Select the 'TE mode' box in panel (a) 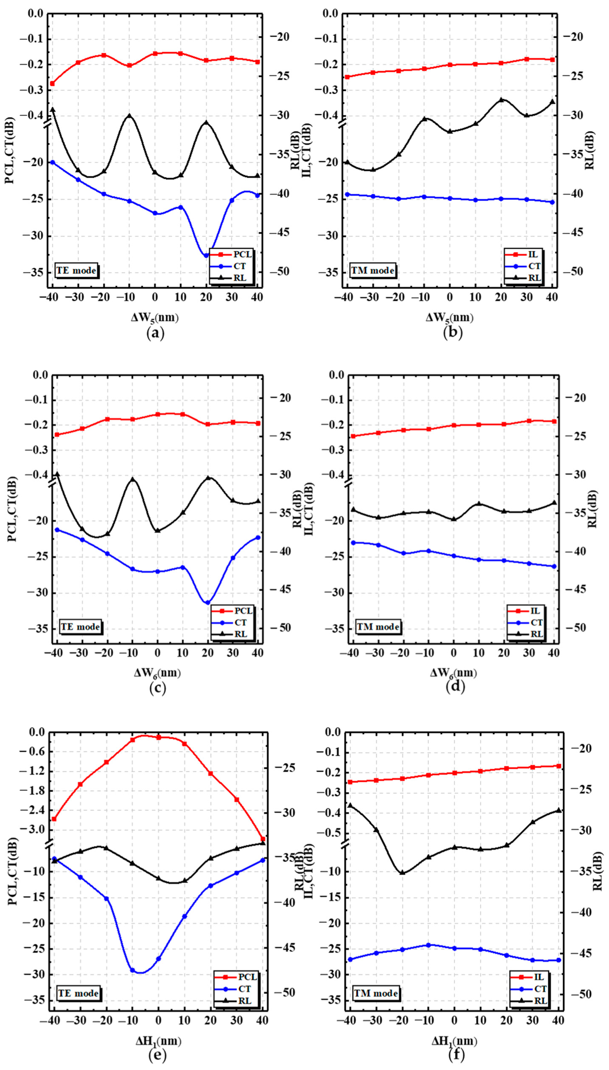[x=76, y=270]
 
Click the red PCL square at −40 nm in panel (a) [x=52, y=83]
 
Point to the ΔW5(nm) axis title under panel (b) [x=450, y=318]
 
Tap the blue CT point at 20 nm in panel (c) [x=207, y=602]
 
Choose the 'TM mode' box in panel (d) [x=378, y=627]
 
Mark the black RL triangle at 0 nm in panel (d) [x=453, y=519]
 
